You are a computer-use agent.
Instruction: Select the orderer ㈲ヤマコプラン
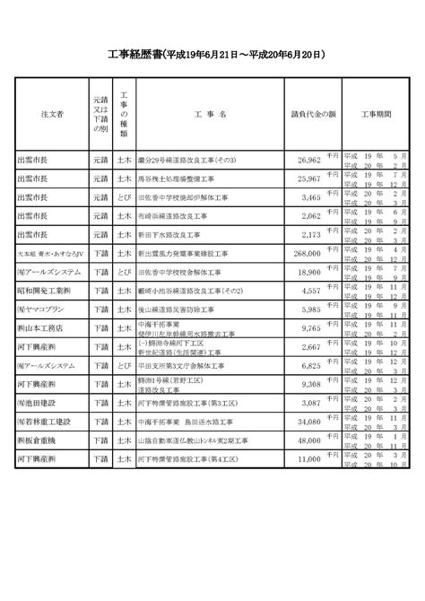tap(41, 312)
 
